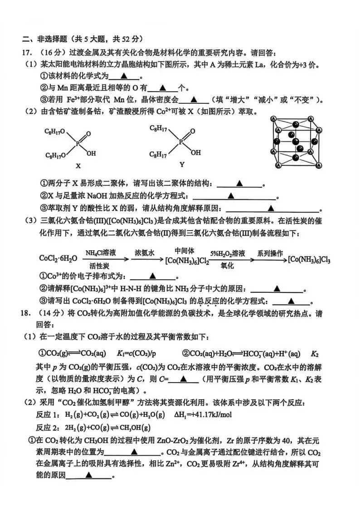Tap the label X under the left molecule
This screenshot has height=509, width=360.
(x=78, y=166)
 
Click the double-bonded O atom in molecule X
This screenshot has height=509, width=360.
(x=88, y=134)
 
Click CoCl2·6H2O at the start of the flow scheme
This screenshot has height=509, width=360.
(x=58, y=258)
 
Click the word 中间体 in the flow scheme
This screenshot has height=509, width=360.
(x=185, y=251)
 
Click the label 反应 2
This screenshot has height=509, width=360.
(x=47, y=428)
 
